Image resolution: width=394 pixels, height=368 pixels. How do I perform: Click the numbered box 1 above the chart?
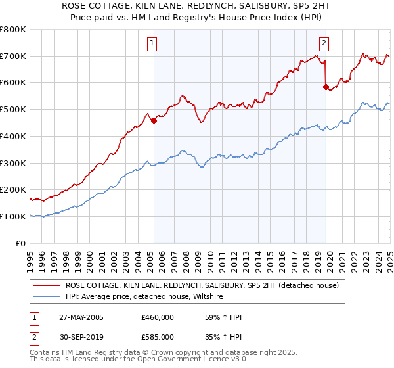[x=152, y=43]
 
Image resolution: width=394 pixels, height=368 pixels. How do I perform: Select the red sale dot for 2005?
[x=154, y=120]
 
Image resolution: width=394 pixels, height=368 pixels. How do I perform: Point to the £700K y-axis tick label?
[x=13, y=56]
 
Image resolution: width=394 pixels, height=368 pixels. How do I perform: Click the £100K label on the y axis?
[x=13, y=216]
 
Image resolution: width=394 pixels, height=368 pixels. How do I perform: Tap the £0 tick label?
[x=20, y=243]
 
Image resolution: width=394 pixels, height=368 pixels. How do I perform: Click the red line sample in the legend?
[x=47, y=285]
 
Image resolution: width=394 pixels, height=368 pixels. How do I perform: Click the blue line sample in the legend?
[x=47, y=296]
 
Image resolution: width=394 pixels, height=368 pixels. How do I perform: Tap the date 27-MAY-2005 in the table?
[x=80, y=317]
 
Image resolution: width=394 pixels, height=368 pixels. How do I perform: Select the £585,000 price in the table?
[x=158, y=336]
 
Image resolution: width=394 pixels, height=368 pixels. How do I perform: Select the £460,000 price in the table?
[x=158, y=317]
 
